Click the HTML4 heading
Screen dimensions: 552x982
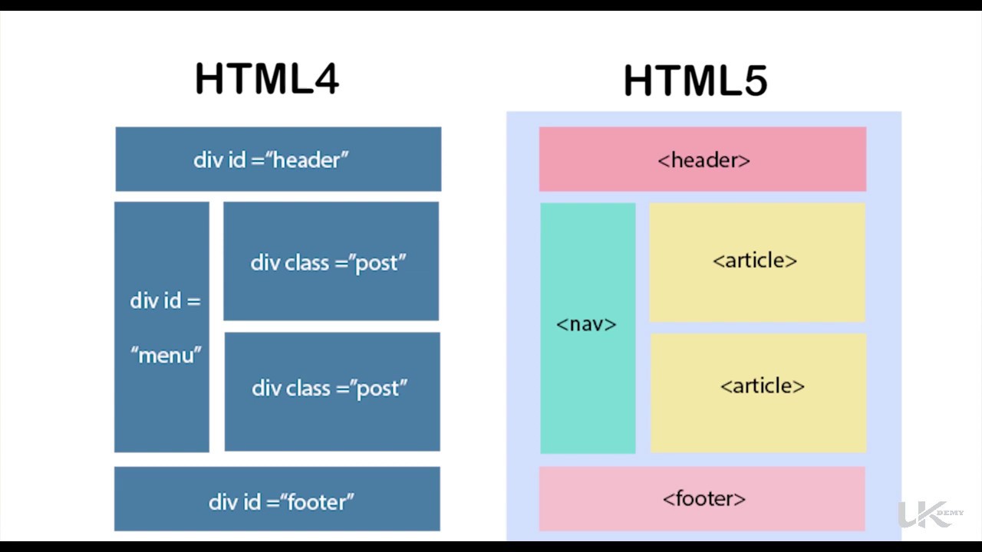267,78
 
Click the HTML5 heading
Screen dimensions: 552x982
695,80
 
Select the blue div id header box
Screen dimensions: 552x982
278,159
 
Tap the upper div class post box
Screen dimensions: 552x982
331,261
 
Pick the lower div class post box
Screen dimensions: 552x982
331,391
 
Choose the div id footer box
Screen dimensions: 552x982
277,499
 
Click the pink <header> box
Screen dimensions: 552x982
703,159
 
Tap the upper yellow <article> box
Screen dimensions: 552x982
757,261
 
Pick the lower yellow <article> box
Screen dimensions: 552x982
758,393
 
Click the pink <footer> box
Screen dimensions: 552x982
702,499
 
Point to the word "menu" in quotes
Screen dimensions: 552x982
166,356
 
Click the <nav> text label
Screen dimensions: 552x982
586,324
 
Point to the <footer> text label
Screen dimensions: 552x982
704,499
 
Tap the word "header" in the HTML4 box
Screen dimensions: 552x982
307,160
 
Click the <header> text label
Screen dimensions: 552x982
704,160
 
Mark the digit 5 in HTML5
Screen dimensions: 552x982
752,80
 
